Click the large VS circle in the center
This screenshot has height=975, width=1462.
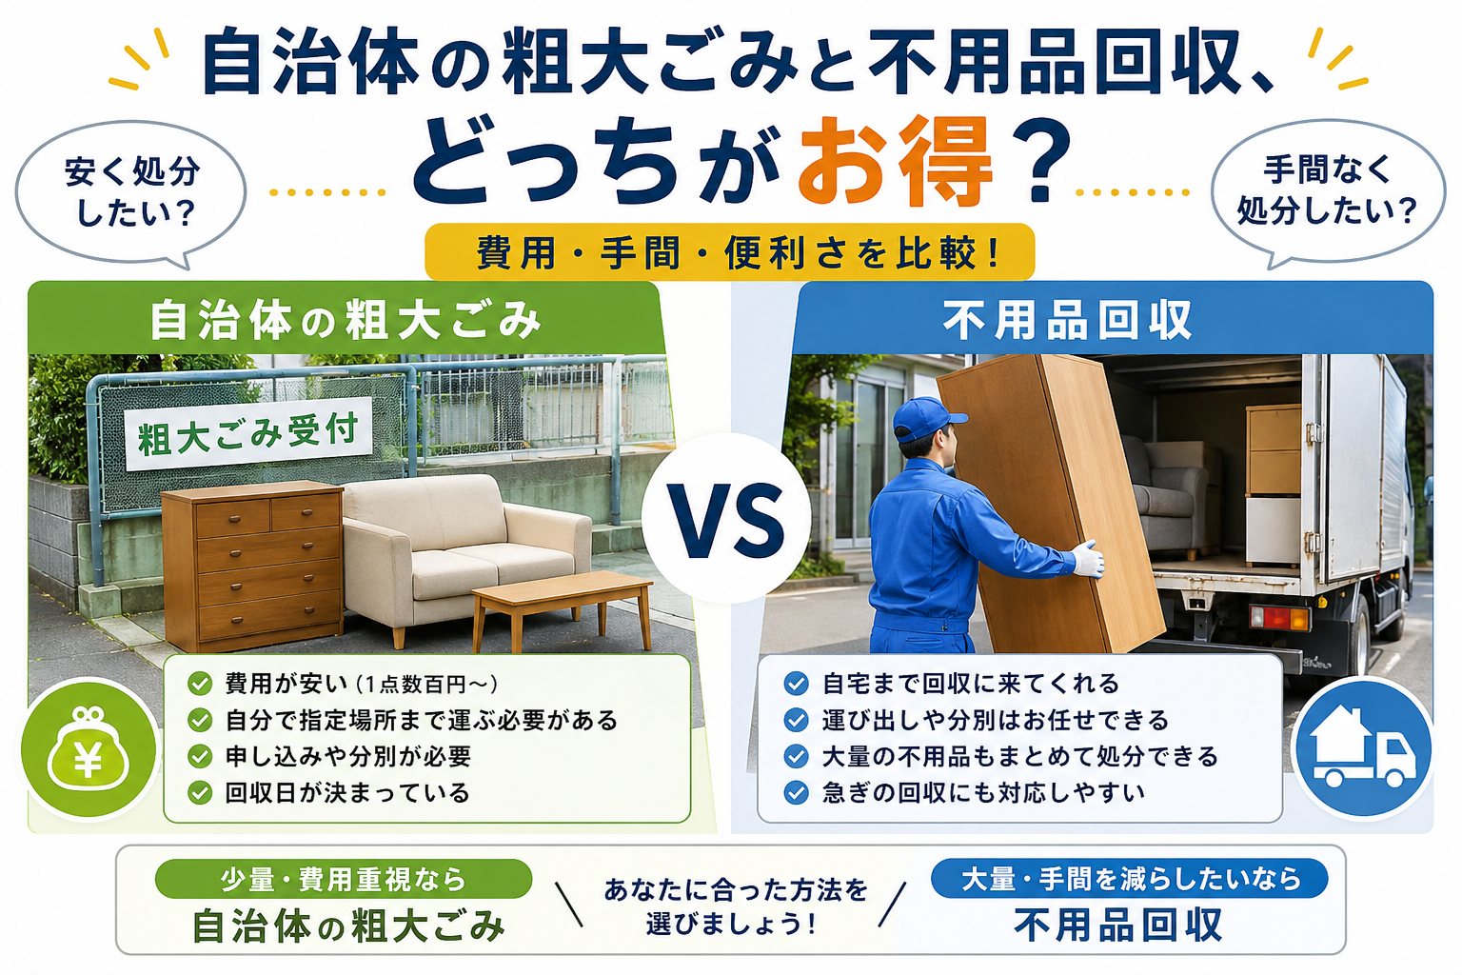pyautogui.click(x=726, y=518)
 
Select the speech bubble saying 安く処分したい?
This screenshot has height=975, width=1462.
pyautogui.click(x=130, y=192)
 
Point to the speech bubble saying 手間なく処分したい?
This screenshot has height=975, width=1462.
pyautogui.click(x=1328, y=191)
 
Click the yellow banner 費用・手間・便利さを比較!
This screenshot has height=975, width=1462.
pyautogui.click(x=730, y=252)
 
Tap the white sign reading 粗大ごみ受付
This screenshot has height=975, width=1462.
pyautogui.click(x=248, y=433)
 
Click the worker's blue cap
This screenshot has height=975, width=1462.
pyautogui.click(x=926, y=418)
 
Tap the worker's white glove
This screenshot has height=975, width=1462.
pyautogui.click(x=1088, y=559)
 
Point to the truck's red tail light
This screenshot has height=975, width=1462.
pyautogui.click(x=1279, y=617)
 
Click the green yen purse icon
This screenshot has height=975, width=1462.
pyautogui.click(x=89, y=748)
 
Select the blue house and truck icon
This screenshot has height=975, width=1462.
pyautogui.click(x=1363, y=747)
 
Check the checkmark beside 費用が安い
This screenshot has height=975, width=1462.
pyautogui.click(x=200, y=684)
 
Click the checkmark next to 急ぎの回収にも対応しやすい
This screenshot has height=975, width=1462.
pyautogui.click(x=796, y=793)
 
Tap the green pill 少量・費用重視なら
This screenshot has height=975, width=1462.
pyautogui.click(x=344, y=879)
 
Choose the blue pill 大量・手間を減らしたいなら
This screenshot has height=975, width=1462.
pyautogui.click(x=1130, y=878)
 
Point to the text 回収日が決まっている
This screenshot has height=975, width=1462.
pyautogui.click(x=347, y=793)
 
